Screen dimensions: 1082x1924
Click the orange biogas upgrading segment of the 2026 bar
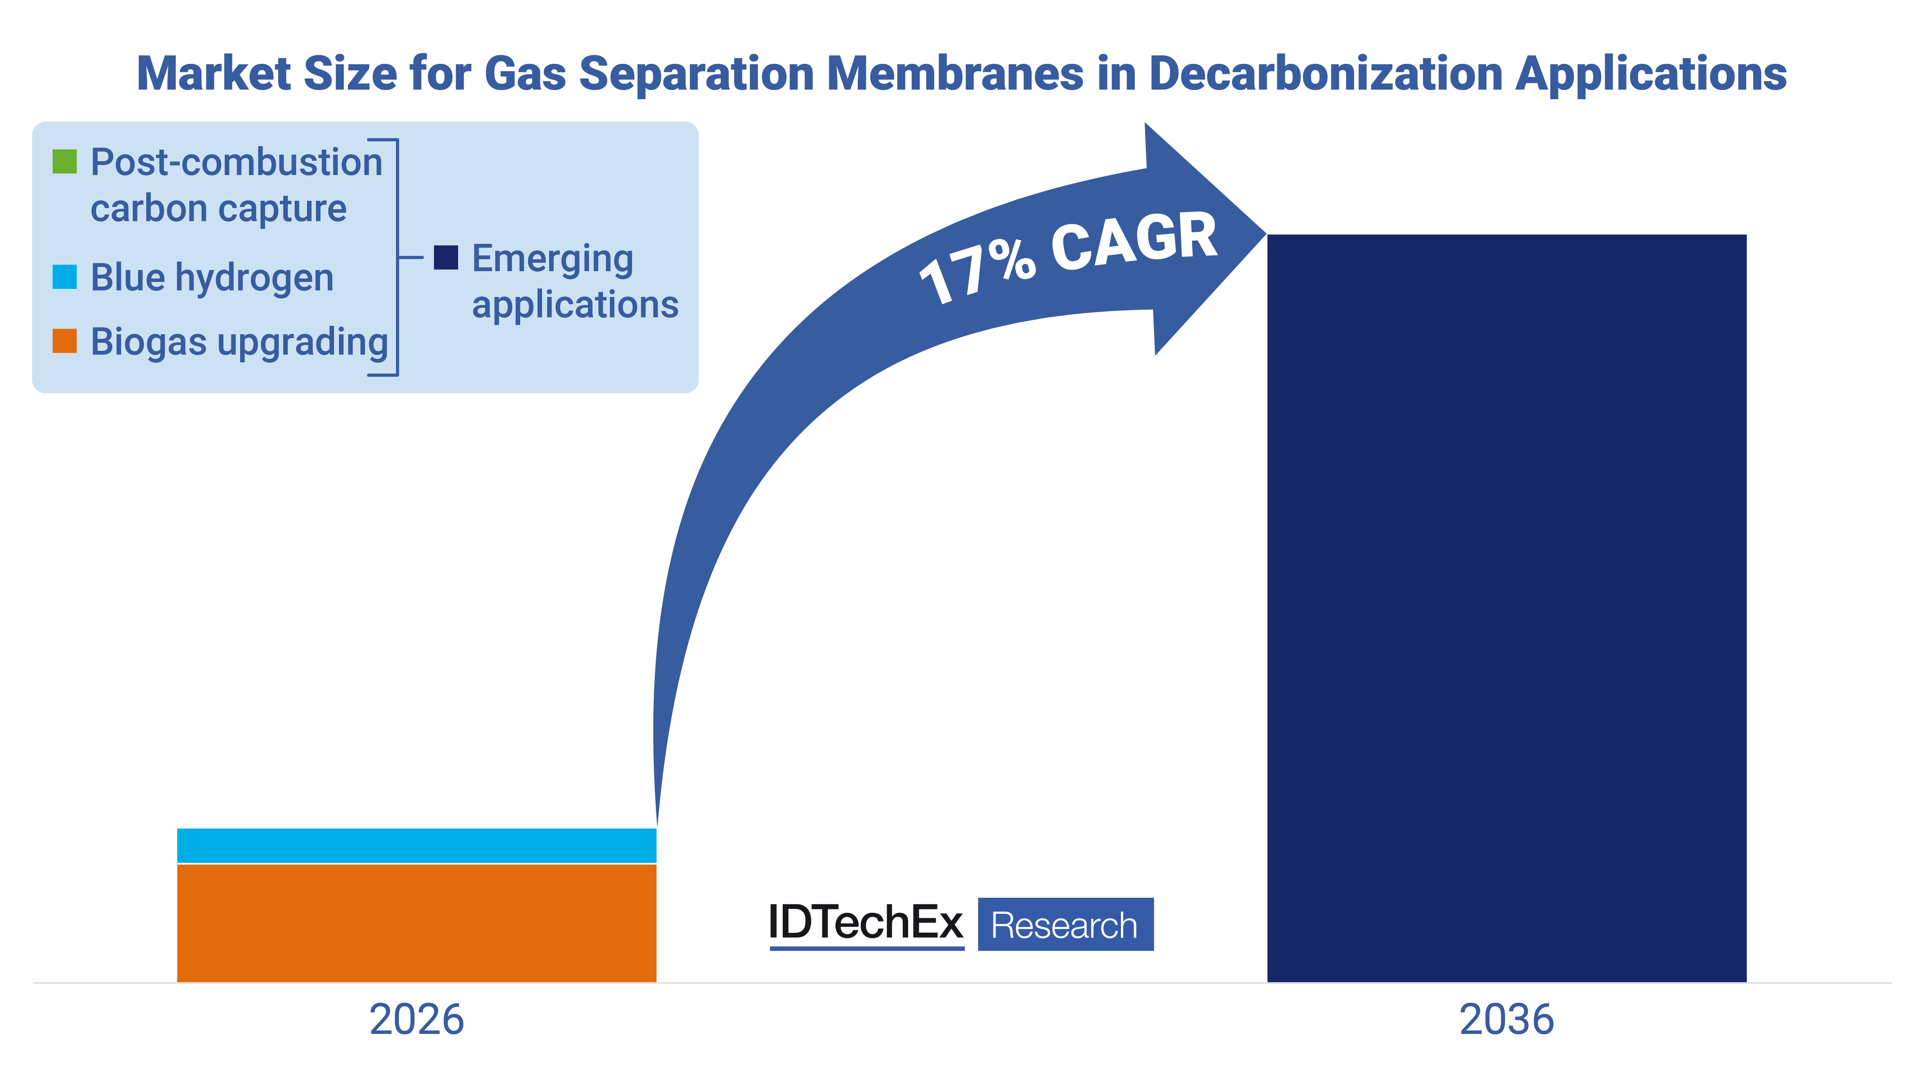click(x=416, y=922)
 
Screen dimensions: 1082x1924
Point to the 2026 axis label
click(x=416, y=1020)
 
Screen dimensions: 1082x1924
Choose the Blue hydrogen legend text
click(x=212, y=278)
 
